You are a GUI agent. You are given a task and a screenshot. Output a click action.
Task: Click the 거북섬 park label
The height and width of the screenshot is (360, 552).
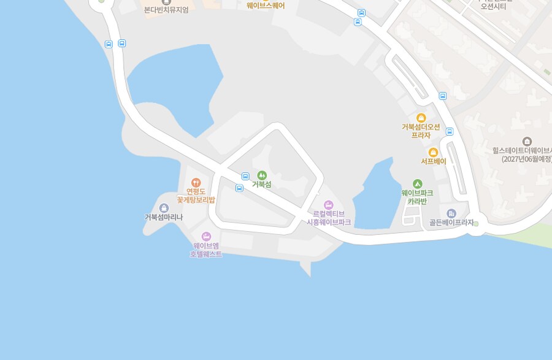(x=261, y=185)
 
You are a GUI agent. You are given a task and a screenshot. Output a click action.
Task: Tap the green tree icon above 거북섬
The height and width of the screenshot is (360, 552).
(x=262, y=175)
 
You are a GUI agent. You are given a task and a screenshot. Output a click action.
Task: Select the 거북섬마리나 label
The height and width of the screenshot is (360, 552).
(x=164, y=217)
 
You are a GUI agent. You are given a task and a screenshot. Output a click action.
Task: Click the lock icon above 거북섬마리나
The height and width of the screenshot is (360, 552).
(x=164, y=208)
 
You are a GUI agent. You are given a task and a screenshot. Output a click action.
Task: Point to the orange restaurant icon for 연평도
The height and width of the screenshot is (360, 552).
(x=196, y=182)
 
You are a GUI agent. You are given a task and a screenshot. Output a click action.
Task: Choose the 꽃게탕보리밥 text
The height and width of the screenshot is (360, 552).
(x=196, y=200)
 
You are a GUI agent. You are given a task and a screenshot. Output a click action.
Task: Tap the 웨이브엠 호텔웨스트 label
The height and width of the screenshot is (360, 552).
(x=206, y=250)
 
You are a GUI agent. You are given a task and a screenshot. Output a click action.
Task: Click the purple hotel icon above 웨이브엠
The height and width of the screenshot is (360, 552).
(x=206, y=236)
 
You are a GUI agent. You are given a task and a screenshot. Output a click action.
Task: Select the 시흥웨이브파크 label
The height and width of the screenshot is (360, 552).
(x=329, y=222)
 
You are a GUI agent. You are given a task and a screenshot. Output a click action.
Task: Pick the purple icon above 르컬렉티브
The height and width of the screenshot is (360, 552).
(x=328, y=204)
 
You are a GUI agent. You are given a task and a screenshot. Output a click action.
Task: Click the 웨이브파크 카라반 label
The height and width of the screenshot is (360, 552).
(x=417, y=197)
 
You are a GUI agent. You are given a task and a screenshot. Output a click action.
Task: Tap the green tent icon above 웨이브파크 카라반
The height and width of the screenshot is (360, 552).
(x=418, y=183)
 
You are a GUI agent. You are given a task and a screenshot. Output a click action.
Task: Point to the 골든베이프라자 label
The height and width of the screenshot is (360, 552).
(x=451, y=223)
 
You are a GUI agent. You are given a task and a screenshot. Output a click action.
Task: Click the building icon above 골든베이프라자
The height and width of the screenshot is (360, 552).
(x=451, y=213)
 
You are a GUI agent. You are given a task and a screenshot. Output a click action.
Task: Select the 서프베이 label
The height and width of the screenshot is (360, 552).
(x=433, y=161)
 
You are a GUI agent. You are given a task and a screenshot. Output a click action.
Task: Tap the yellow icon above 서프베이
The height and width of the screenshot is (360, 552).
(x=433, y=152)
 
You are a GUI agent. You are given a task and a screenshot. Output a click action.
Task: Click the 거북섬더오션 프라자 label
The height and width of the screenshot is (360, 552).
(x=421, y=131)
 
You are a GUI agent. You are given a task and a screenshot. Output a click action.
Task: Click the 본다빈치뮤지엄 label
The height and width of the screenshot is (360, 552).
(x=166, y=10)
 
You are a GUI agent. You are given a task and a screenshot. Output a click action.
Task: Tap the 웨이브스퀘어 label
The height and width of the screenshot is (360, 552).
(x=266, y=6)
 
